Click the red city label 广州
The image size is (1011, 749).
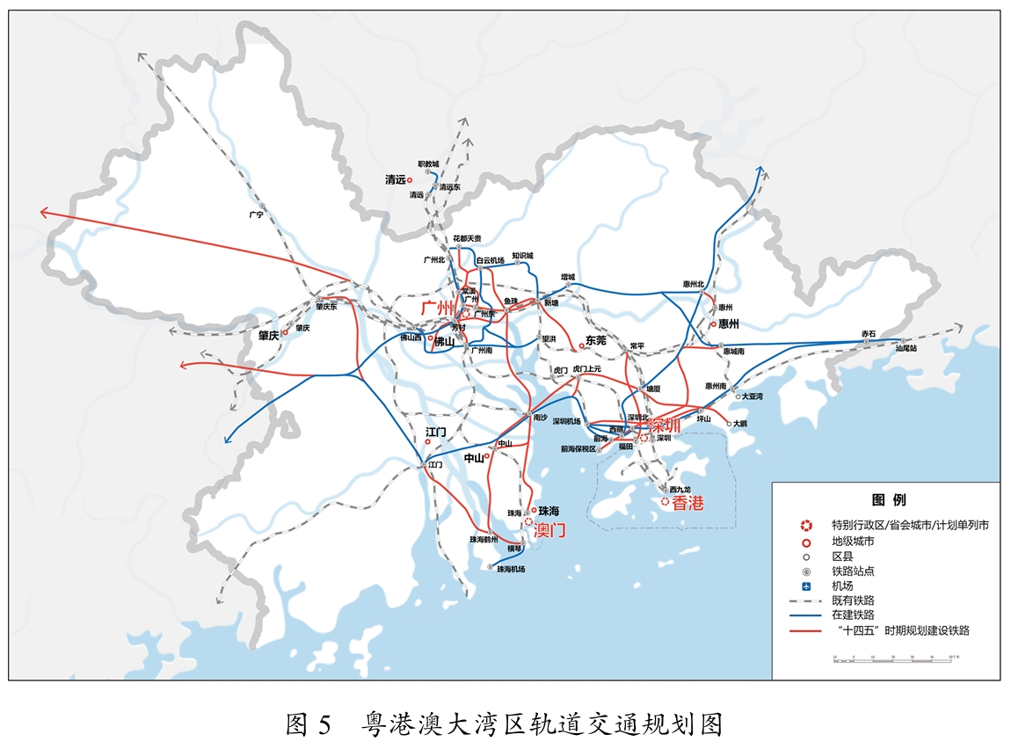click(x=437, y=308)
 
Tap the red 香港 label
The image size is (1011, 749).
click(x=688, y=504)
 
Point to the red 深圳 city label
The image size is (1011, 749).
click(x=664, y=425)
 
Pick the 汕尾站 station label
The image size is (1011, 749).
click(x=906, y=348)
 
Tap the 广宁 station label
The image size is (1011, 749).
click(x=256, y=214)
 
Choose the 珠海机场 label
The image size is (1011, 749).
click(x=511, y=570)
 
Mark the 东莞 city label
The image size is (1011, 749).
click(x=596, y=339)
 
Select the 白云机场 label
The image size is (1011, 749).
click(x=490, y=260)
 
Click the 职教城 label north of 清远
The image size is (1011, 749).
click(x=428, y=164)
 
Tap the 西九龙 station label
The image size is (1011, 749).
click(x=681, y=489)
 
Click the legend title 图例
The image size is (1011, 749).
click(x=887, y=500)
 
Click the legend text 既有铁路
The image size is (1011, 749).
click(x=853, y=600)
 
